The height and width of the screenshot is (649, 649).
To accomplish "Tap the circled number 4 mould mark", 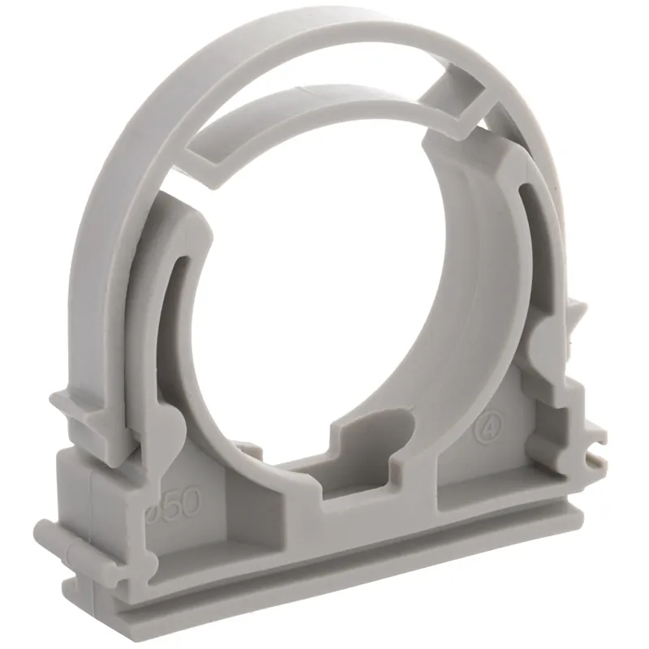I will pyautogui.click(x=492, y=425).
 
